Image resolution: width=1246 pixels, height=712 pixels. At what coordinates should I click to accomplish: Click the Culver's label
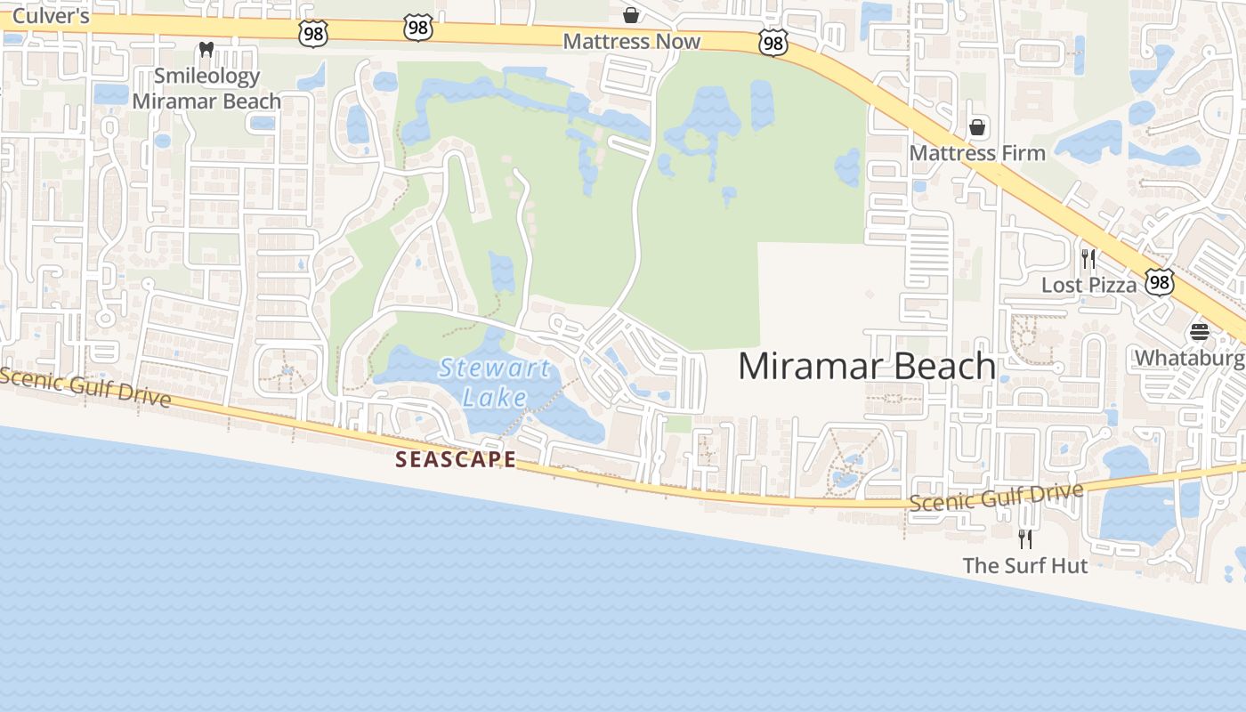click(51, 16)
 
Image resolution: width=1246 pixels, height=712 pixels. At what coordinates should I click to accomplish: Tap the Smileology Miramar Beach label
click(206, 88)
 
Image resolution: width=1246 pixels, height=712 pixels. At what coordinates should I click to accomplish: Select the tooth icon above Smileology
click(206, 50)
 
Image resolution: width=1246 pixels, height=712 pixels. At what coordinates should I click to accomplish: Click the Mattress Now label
click(631, 41)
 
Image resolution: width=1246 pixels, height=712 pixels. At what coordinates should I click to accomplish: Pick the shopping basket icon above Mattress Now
click(631, 14)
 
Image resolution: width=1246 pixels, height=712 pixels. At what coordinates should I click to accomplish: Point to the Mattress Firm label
click(976, 153)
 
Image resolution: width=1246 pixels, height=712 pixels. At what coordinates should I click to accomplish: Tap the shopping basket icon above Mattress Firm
click(977, 127)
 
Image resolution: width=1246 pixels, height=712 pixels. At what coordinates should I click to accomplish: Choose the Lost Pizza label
click(1088, 285)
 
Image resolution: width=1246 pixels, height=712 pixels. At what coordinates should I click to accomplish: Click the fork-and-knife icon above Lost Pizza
click(1088, 259)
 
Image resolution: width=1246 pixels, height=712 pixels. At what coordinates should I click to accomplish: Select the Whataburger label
click(1189, 358)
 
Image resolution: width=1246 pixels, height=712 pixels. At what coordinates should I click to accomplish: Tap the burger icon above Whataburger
click(1200, 333)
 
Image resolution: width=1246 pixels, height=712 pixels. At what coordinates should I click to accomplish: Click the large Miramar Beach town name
click(867, 366)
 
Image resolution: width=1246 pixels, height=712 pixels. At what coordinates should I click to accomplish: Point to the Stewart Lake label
click(494, 381)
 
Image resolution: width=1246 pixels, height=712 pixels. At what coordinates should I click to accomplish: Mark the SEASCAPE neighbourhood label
click(456, 459)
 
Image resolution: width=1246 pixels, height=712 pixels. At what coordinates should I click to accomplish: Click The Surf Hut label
click(1025, 565)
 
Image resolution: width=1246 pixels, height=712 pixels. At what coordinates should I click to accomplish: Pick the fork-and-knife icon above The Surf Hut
click(1025, 538)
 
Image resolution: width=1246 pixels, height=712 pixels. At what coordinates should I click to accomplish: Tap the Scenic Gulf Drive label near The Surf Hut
click(996, 497)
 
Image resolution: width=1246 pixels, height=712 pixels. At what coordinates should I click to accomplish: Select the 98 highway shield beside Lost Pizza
click(1159, 282)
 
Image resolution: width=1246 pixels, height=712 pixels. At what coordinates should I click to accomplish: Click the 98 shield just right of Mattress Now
click(773, 42)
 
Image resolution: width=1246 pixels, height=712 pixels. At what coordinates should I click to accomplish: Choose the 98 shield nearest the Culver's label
click(314, 33)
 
